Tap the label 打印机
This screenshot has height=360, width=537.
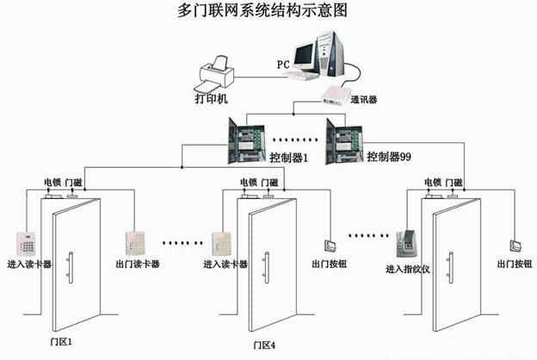(x=212, y=100)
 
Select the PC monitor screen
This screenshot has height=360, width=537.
(x=306, y=53)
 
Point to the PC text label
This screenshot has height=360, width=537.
(x=282, y=65)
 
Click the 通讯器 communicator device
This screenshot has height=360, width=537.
(x=336, y=94)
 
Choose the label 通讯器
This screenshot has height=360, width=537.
(x=364, y=100)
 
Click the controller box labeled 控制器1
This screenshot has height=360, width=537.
(x=244, y=138)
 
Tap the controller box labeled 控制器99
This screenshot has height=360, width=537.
(x=344, y=138)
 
